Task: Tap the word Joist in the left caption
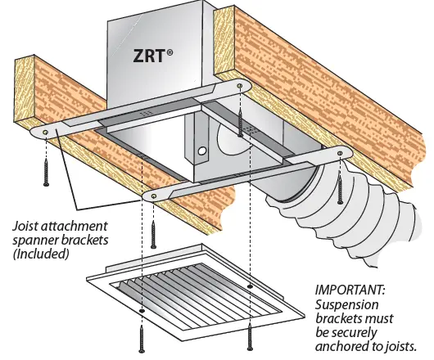[x=27, y=225]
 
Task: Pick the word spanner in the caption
[x=32, y=240]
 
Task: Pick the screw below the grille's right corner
[x=250, y=335]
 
